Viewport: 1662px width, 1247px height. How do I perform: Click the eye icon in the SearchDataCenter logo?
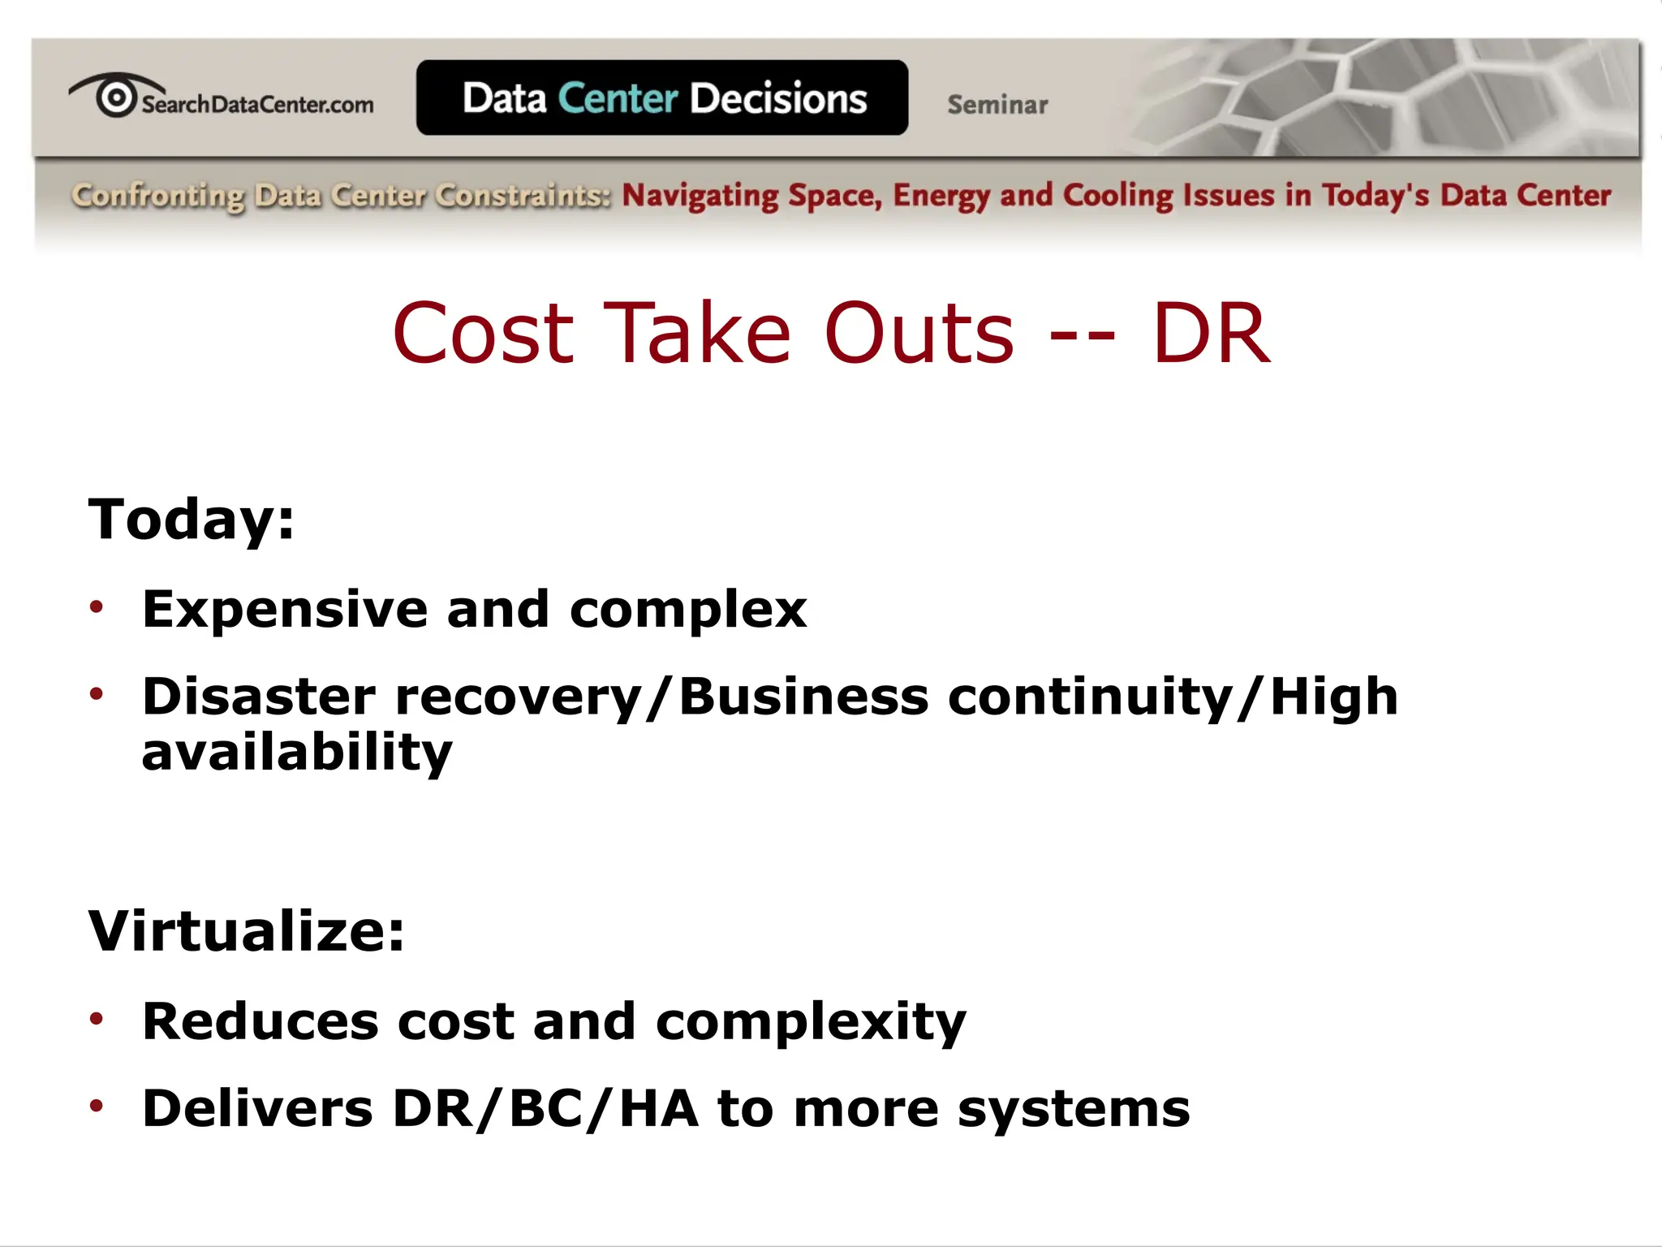click(x=116, y=97)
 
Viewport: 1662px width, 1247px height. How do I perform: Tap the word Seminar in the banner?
click(x=997, y=105)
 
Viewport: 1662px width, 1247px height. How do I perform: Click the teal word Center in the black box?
click(x=618, y=98)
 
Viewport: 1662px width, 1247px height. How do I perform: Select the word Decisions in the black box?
click(x=778, y=98)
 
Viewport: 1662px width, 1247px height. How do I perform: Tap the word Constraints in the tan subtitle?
click(x=522, y=196)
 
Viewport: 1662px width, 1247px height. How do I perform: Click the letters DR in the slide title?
click(x=1210, y=333)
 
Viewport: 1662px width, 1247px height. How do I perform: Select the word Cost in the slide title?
click(x=483, y=333)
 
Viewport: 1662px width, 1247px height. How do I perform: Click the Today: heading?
click(x=191, y=519)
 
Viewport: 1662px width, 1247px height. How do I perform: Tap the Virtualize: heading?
click(x=246, y=930)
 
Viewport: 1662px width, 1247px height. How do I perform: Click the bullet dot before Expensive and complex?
click(x=97, y=606)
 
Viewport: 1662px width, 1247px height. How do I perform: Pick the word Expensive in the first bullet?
click(x=284, y=609)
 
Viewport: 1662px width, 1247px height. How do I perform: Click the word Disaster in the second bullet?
click(x=259, y=697)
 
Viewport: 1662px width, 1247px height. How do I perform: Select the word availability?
click(x=296, y=753)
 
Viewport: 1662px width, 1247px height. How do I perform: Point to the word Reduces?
click(x=260, y=1020)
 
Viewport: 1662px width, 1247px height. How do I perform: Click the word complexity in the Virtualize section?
click(x=811, y=1022)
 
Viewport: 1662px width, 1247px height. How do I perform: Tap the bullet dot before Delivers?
click(x=97, y=1105)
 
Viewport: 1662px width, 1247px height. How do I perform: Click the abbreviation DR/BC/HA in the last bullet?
click(x=545, y=1108)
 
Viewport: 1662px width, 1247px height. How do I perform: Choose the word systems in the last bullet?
click(x=1073, y=1110)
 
